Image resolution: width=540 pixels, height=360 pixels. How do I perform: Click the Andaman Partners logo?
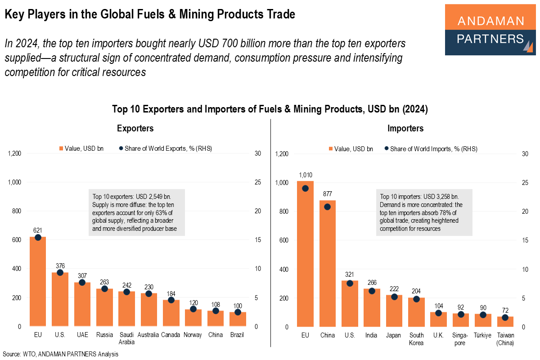490,30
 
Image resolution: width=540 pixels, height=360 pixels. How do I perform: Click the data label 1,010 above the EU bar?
305,175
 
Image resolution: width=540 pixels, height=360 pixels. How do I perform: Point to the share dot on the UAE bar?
82,283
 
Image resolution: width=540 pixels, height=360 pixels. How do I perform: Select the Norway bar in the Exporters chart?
193,319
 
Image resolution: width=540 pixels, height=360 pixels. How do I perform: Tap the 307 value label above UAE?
82,275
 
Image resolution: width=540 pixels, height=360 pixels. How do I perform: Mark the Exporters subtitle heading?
135,129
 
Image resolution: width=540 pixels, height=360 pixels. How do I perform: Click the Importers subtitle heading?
405,129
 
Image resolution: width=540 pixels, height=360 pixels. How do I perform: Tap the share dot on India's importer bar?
372,291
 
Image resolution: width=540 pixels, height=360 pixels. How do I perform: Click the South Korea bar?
416,313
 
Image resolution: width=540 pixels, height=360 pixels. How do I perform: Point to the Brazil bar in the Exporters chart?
238,320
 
